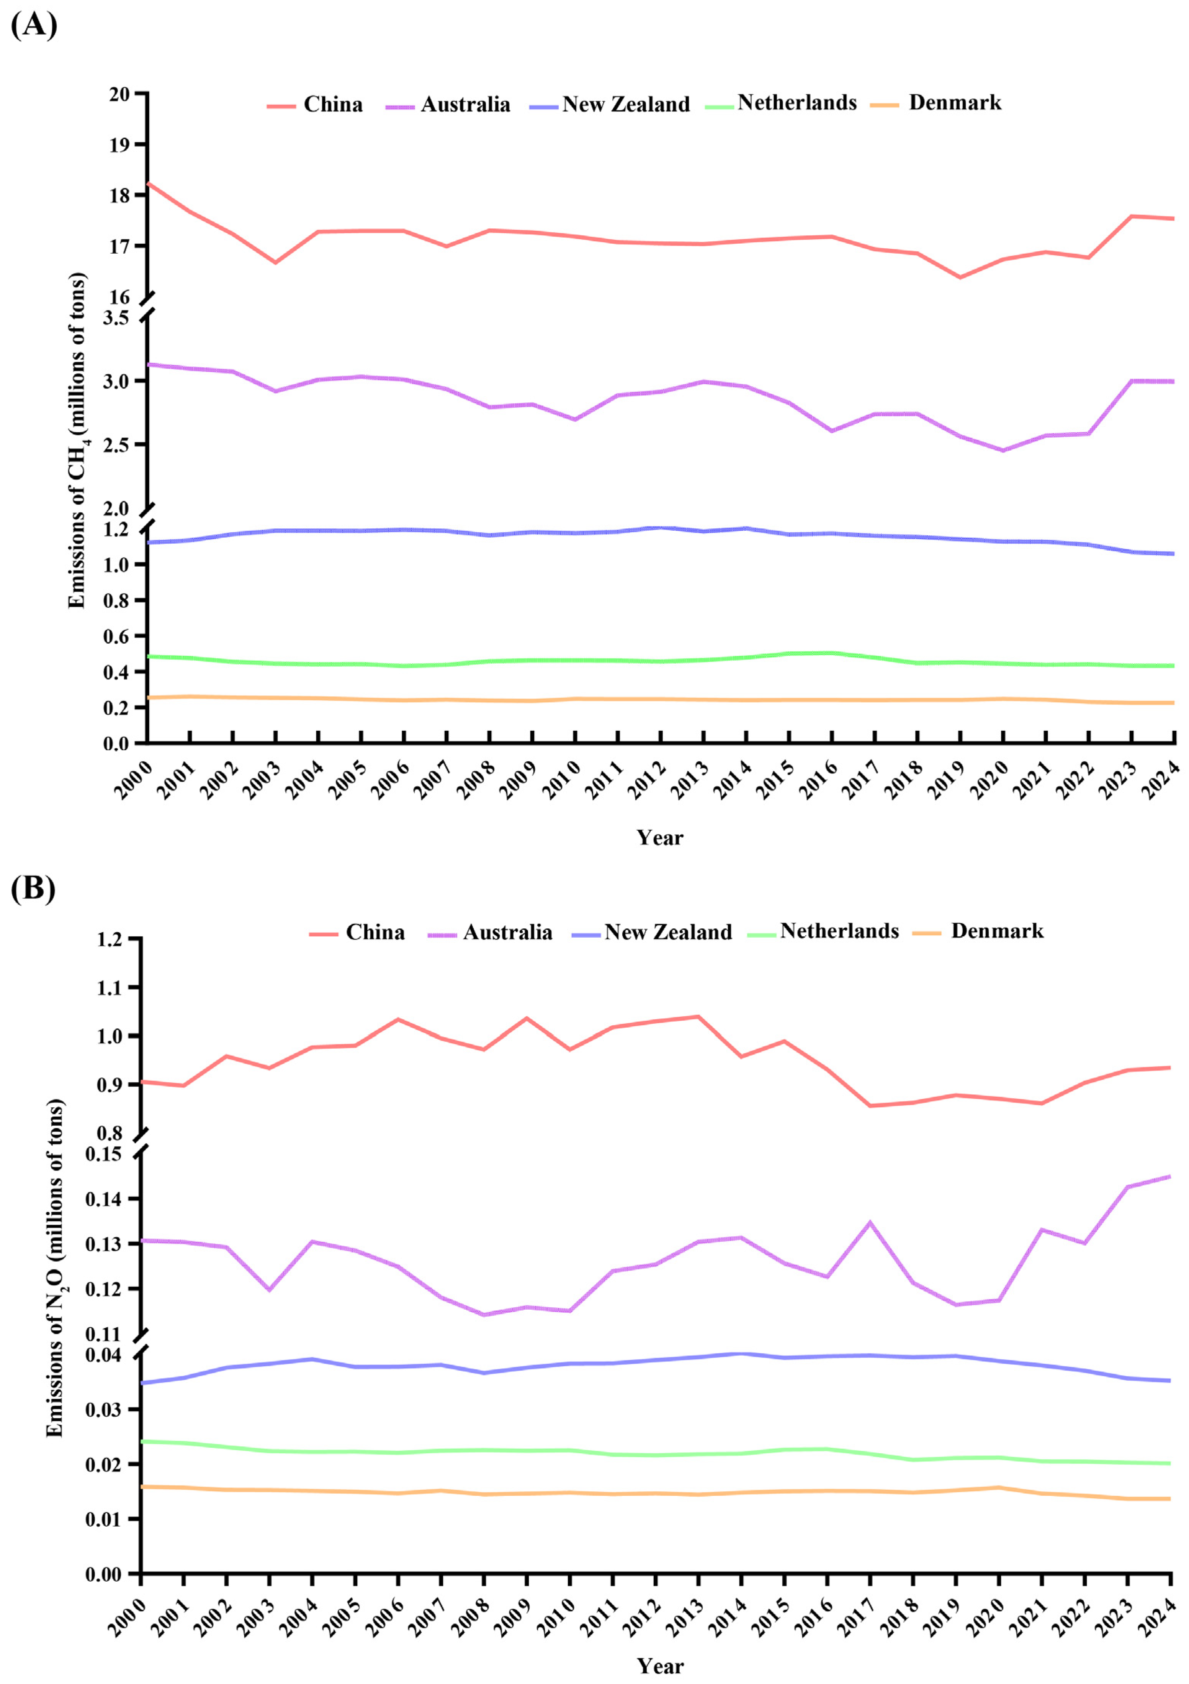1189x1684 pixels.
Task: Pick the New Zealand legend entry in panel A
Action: [610, 105]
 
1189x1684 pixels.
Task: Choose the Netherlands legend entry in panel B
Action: [823, 931]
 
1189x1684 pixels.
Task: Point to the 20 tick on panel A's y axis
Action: [119, 94]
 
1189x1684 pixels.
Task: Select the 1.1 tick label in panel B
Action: [110, 987]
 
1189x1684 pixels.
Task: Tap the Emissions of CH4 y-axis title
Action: [78, 440]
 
